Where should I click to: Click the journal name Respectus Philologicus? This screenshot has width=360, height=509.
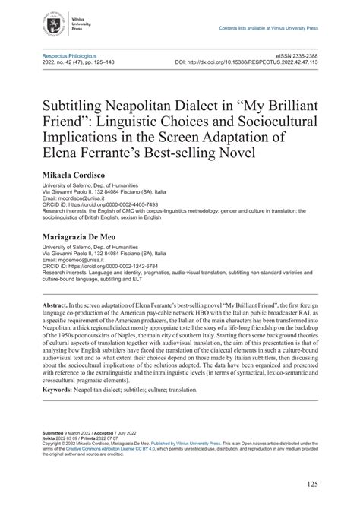tap(73, 55)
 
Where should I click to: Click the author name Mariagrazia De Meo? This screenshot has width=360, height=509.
tap(88, 237)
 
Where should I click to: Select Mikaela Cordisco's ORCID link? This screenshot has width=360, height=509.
tap(95, 204)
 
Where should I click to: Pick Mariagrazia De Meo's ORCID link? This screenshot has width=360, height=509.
tap(95, 267)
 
